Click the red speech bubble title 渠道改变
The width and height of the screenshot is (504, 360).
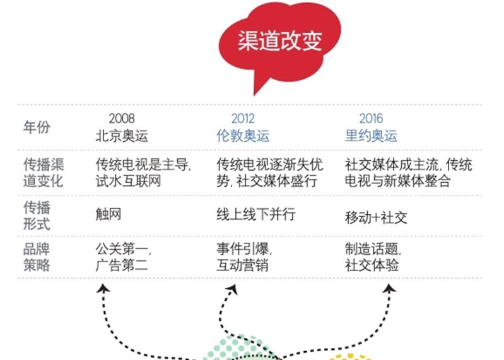(x=279, y=41)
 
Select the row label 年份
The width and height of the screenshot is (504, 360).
(x=37, y=127)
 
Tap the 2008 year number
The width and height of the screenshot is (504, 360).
(x=122, y=119)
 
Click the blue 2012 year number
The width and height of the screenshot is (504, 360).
(x=243, y=119)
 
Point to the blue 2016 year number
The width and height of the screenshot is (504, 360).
(x=371, y=119)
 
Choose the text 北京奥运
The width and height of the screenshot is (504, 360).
(x=122, y=136)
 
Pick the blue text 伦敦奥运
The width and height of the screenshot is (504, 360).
(x=243, y=136)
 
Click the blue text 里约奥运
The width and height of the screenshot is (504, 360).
(x=371, y=136)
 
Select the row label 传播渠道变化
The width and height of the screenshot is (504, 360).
(x=44, y=173)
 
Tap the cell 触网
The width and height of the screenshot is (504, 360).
(x=108, y=214)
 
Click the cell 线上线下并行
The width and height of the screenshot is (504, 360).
(x=256, y=214)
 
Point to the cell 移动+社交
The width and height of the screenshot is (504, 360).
(x=376, y=218)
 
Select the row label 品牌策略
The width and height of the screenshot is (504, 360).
(x=37, y=257)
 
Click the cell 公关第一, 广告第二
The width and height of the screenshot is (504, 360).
(x=123, y=257)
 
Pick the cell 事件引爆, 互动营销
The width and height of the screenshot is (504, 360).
(x=244, y=257)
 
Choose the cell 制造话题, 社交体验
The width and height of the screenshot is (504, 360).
(x=373, y=257)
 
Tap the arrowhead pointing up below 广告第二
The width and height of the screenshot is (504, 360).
(x=103, y=288)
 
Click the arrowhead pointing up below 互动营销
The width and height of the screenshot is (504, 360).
(x=233, y=289)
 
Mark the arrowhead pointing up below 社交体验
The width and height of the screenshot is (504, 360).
(x=389, y=288)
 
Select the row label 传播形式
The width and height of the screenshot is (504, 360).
(x=37, y=215)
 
